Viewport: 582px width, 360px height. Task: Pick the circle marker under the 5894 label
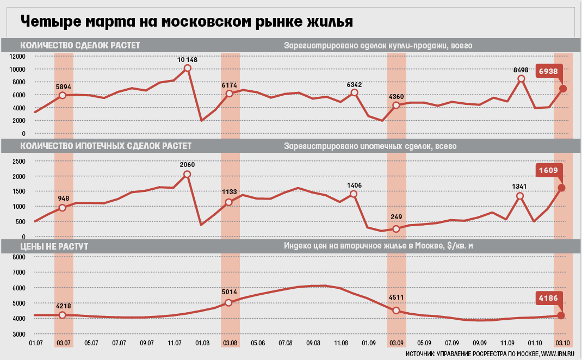click(63, 95)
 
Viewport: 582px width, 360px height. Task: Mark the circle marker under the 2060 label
click(187, 174)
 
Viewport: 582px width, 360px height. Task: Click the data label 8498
click(521, 70)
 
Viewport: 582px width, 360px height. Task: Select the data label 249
click(396, 217)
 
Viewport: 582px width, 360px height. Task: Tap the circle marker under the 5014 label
click(229, 302)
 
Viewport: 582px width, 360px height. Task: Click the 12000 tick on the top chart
click(17, 56)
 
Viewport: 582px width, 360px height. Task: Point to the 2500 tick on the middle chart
click(19, 161)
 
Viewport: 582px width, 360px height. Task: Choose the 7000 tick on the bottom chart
click(19, 272)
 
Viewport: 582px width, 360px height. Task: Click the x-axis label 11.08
click(340, 343)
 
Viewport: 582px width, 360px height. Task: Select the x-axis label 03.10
click(562, 343)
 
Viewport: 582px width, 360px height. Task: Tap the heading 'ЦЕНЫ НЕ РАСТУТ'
click(54, 246)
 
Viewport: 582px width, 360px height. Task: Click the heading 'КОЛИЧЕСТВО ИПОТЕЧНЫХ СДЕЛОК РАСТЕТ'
click(106, 146)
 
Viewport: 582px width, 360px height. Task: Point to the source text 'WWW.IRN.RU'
click(559, 354)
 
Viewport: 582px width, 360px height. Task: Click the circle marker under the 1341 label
click(520, 196)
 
